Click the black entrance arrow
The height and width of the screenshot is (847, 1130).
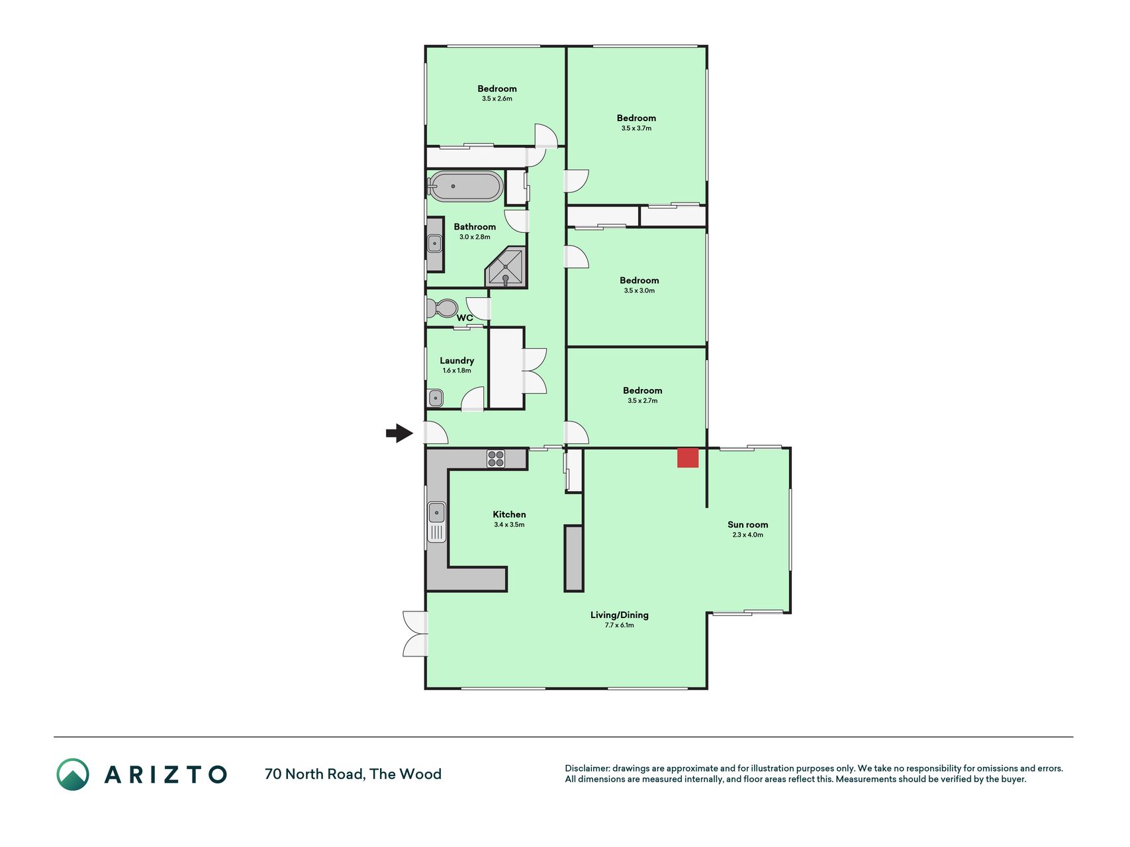pos(399,433)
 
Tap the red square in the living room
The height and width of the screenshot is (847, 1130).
pos(688,458)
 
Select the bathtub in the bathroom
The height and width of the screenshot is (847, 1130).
pos(465,186)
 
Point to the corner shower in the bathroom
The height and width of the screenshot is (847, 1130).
pos(506,267)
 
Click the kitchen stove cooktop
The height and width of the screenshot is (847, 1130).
pos(496,459)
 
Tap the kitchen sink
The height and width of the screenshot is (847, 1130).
pos(437,522)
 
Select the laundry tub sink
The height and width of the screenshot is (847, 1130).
pos(436,398)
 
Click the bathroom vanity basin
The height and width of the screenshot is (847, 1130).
pos(434,244)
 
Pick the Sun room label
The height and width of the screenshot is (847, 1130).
pos(748,525)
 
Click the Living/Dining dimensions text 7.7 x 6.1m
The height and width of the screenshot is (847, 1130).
pos(620,625)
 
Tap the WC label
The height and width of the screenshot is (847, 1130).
pos(465,318)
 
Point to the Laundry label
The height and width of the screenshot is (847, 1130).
pos(457,361)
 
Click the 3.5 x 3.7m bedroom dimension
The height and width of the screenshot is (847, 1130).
pos(636,128)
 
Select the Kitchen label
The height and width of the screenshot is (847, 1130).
pos(509,514)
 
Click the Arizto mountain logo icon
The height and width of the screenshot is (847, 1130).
pos(73,774)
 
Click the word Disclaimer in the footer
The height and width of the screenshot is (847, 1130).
pos(587,768)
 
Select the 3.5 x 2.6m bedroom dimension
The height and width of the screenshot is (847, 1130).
pos(497,99)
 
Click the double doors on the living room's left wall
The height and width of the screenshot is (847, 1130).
pos(415,634)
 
